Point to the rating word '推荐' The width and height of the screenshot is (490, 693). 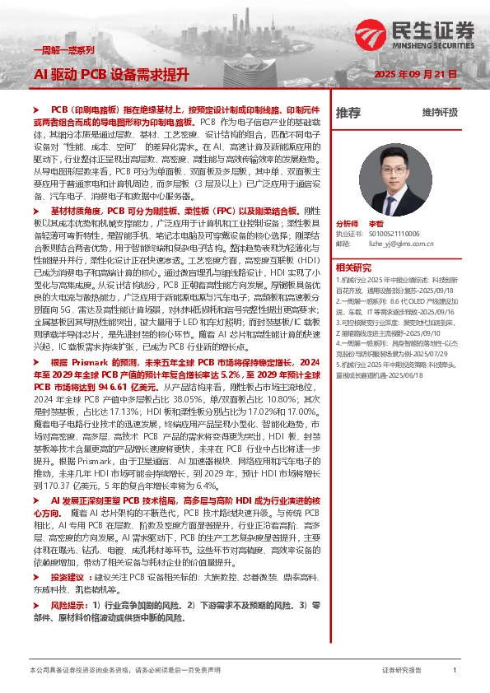click(x=348, y=112)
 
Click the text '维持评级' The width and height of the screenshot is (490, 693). click(x=440, y=113)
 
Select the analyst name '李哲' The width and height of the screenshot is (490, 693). click(x=376, y=224)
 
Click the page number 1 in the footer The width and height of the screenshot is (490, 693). click(x=455, y=671)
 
